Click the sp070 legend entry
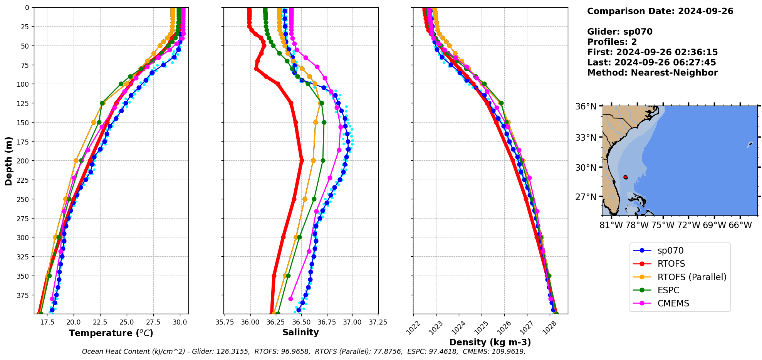[x=670, y=251]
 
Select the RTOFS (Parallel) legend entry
[x=692, y=277]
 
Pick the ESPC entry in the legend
[x=668, y=290]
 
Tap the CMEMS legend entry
[x=673, y=303]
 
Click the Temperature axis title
[x=111, y=333]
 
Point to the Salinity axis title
[x=300, y=332]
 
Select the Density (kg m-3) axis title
[x=490, y=342]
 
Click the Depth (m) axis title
[x=8, y=161]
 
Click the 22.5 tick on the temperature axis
[x=100, y=322]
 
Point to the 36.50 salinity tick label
[x=301, y=322]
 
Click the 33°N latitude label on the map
[x=586, y=138]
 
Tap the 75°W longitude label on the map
[x=663, y=225]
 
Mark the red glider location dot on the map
[x=625, y=177]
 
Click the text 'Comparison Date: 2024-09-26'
[x=660, y=11]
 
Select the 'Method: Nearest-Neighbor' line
[x=652, y=73]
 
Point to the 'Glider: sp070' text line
[x=619, y=32]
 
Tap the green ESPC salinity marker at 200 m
[x=323, y=161]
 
